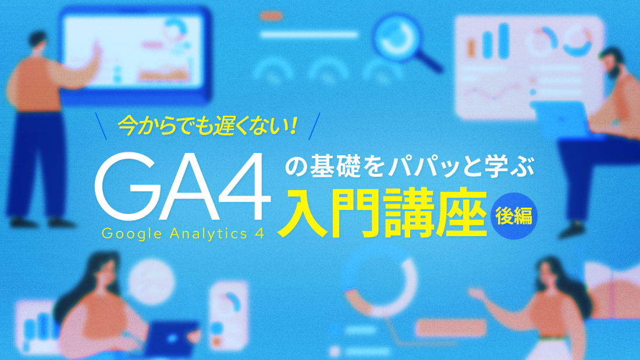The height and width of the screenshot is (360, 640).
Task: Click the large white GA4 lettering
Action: [183, 187]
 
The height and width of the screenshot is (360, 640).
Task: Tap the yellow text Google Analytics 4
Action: [183, 234]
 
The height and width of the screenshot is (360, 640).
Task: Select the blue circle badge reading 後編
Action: [514, 216]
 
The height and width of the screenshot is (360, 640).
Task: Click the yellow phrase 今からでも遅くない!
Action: [207, 126]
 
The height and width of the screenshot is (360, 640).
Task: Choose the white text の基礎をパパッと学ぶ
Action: [410, 166]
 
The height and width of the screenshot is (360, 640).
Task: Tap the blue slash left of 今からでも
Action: [101, 126]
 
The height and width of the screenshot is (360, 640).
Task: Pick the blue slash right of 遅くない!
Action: [314, 126]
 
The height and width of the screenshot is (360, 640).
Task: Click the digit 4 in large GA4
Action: [245, 187]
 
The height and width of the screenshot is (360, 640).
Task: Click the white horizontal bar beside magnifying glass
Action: [309, 35]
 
